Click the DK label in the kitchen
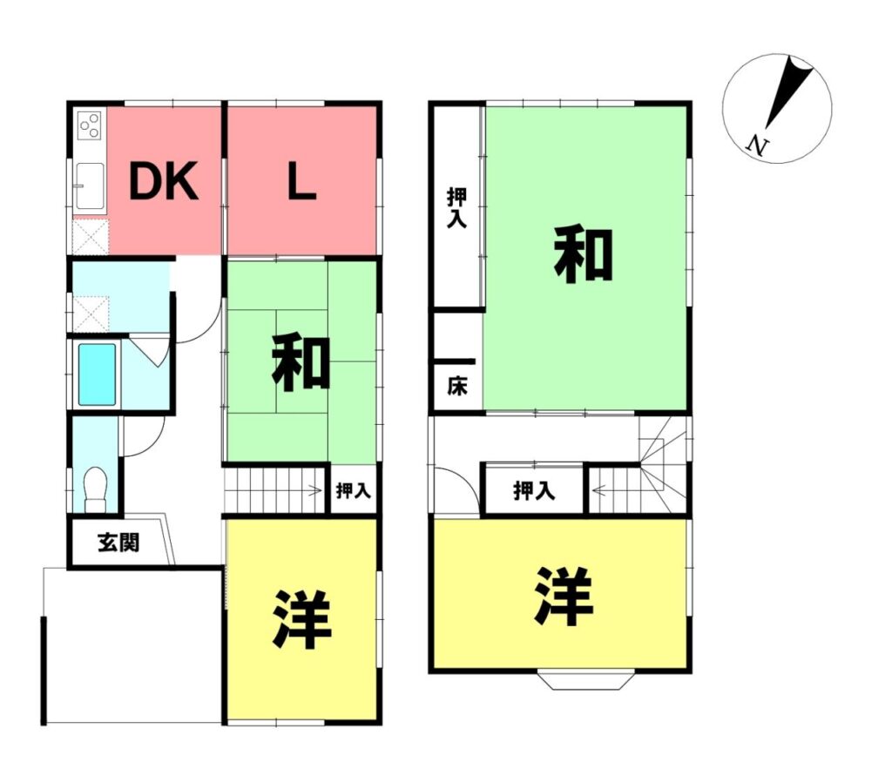[164, 181]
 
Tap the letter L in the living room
[301, 181]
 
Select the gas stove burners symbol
[90, 125]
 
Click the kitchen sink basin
[90, 186]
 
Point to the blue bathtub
[98, 374]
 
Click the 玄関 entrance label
[118, 542]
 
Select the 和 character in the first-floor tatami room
[301, 363]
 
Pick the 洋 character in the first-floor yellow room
[301, 620]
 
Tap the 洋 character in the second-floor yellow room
[564, 596]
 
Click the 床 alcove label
[456, 386]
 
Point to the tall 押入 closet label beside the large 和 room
[456, 208]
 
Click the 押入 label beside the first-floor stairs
[354, 490]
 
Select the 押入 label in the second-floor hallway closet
[534, 490]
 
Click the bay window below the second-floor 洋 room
[586, 680]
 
